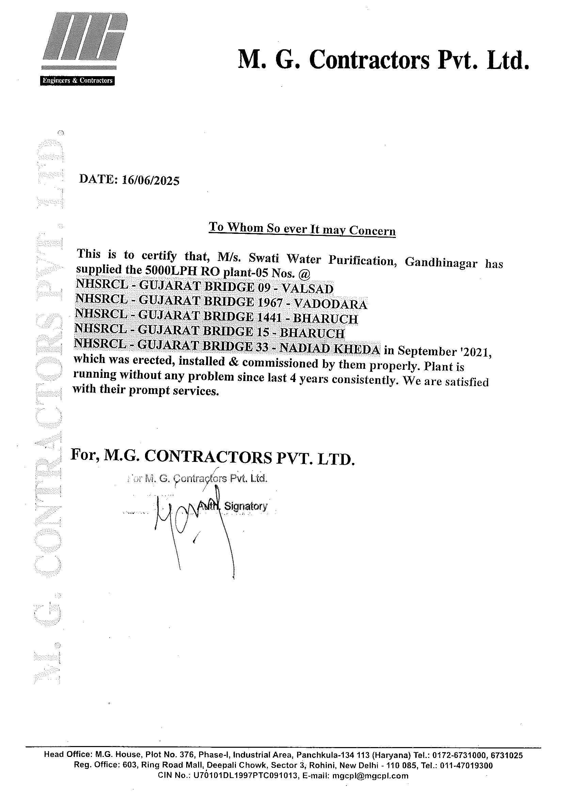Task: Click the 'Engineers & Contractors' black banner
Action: [77, 80]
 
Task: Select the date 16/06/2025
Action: [151, 180]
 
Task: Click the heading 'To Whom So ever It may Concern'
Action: [302, 229]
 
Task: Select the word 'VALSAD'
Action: [307, 289]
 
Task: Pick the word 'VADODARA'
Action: [331, 304]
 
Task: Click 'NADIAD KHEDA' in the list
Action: [330, 349]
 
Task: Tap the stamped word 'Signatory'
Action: [246, 506]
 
